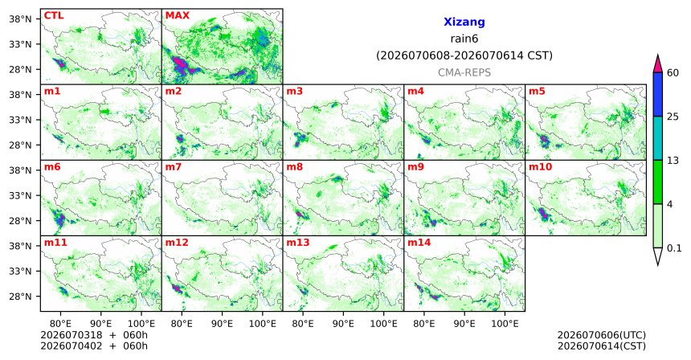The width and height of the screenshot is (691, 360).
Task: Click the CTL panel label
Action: click(54, 16)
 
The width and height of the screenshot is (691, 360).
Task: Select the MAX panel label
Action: click(177, 16)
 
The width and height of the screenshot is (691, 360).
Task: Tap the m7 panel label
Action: click(173, 167)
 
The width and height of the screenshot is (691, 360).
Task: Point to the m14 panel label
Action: click(419, 243)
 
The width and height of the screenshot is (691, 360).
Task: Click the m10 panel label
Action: click(540, 167)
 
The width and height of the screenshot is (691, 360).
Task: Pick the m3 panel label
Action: click(294, 92)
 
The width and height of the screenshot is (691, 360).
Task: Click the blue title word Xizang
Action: click(464, 22)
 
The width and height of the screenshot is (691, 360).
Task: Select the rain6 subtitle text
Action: click(464, 39)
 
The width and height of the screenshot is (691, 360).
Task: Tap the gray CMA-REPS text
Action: click(464, 72)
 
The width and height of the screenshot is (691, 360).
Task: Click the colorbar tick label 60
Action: click(673, 72)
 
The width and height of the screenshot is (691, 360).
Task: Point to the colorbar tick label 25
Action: click(673, 117)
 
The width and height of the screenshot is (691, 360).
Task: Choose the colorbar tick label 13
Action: click(673, 161)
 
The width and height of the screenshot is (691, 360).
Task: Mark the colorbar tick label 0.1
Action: click(674, 248)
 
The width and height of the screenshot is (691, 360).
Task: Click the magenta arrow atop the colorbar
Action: click(658, 64)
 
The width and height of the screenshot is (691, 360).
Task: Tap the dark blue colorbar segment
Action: click(658, 94)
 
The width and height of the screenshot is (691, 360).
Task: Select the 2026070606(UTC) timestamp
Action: click(602, 335)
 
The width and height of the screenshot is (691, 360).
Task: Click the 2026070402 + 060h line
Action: click(94, 346)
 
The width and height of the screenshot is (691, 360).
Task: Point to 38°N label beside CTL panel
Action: click(20, 19)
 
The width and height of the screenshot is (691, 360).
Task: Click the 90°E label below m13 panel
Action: click(343, 324)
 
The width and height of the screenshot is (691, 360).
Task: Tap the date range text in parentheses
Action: click(464, 56)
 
